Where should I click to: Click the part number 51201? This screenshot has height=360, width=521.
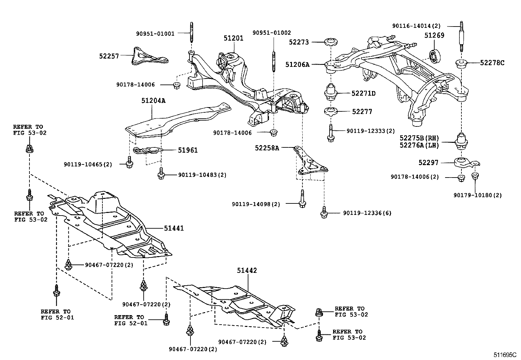pos(233,38)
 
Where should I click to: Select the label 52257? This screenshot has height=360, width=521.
pos(109,56)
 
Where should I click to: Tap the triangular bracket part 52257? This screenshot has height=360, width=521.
pos(147,57)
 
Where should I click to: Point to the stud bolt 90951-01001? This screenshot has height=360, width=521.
pos(191,33)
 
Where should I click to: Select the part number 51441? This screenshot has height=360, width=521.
pos(174,228)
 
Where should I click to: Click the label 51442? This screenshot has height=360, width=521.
pos(247,271)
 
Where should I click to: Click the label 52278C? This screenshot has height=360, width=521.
pos(492,63)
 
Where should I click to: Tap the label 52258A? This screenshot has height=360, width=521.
pos(267,148)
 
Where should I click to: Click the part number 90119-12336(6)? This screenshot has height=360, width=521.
pos(367,213)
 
